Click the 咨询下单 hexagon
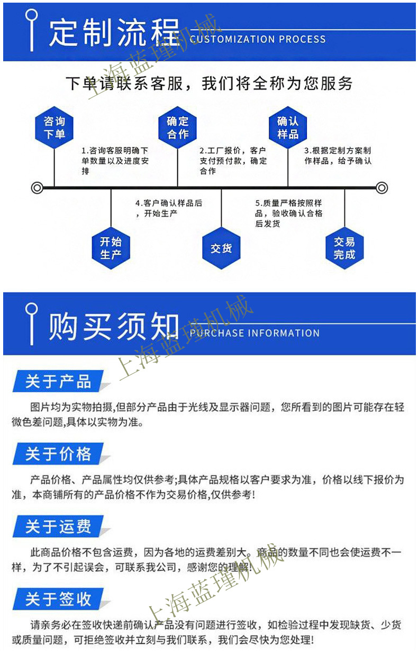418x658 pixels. (54, 128)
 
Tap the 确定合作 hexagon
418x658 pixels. (178, 128)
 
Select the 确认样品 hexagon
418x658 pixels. (288, 128)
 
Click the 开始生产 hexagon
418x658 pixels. (111, 248)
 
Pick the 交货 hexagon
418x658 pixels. (221, 248)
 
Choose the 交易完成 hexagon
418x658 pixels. (344, 248)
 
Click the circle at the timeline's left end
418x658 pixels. (37, 188)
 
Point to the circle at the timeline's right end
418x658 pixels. (382, 188)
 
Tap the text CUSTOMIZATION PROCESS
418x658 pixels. (258, 39)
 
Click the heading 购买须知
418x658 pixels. (114, 327)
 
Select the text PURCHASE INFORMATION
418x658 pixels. (255, 333)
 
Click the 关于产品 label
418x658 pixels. (58, 382)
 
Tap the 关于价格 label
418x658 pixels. (58, 454)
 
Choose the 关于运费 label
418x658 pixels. (58, 526)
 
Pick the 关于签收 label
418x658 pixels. (58, 599)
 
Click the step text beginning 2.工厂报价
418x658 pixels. (233, 161)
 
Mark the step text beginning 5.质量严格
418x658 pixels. (288, 214)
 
